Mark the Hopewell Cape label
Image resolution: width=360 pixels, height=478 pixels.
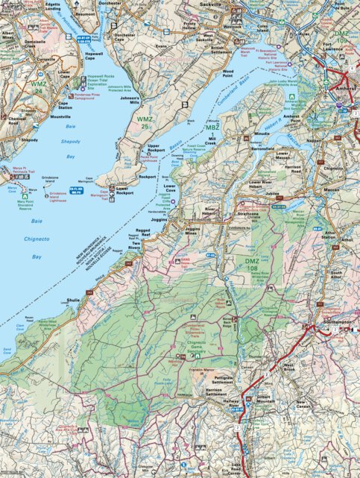point(95,57)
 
